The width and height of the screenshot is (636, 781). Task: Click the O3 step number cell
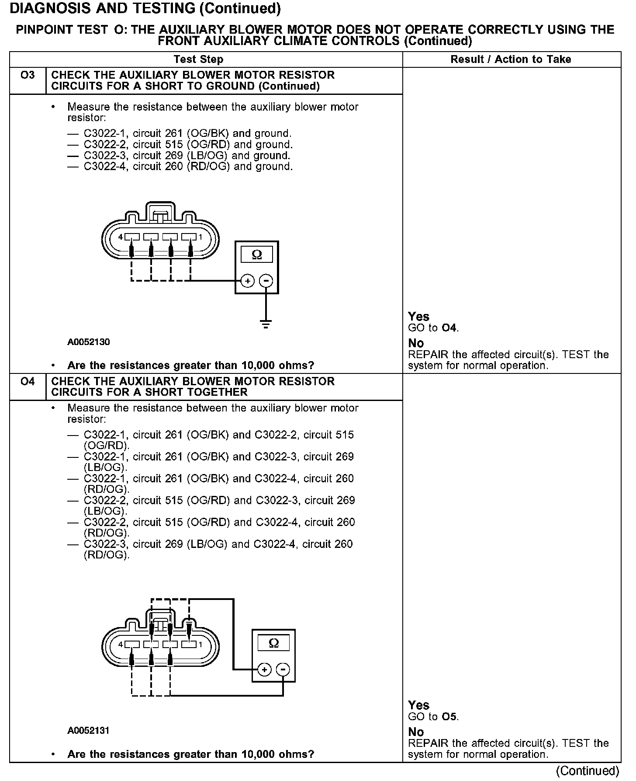pyautogui.click(x=28, y=76)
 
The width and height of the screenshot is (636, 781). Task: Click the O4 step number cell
pyautogui.click(x=28, y=382)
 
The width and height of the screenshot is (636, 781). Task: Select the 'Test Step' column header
pyautogui.click(x=198, y=59)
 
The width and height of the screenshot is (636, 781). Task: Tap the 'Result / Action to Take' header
pyautogui.click(x=511, y=59)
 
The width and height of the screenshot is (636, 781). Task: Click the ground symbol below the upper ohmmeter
pyautogui.click(x=266, y=324)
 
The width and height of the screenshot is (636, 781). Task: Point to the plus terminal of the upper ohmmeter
pyautogui.click(x=247, y=280)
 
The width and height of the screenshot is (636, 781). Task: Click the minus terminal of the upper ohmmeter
pyautogui.click(x=266, y=280)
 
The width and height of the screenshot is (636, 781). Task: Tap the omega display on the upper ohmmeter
pyautogui.click(x=257, y=255)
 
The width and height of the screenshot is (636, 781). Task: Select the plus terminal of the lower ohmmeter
pyautogui.click(x=264, y=669)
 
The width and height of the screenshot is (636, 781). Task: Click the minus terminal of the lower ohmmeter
pyautogui.click(x=283, y=669)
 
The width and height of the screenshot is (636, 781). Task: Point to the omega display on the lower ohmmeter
pyautogui.click(x=273, y=643)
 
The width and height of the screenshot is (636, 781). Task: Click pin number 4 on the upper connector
pyautogui.click(x=121, y=237)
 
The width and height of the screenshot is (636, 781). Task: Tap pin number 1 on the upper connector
pyautogui.click(x=200, y=237)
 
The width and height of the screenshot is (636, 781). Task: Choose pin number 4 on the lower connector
pyautogui.click(x=121, y=645)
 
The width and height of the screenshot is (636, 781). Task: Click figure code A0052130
pyautogui.click(x=89, y=342)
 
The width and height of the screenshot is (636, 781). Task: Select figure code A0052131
pyautogui.click(x=89, y=730)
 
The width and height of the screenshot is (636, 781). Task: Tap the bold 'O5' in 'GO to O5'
pyautogui.click(x=449, y=717)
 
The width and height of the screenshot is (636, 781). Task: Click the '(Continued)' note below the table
pyautogui.click(x=588, y=771)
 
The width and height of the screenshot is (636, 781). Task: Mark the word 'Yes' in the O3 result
pyautogui.click(x=418, y=316)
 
